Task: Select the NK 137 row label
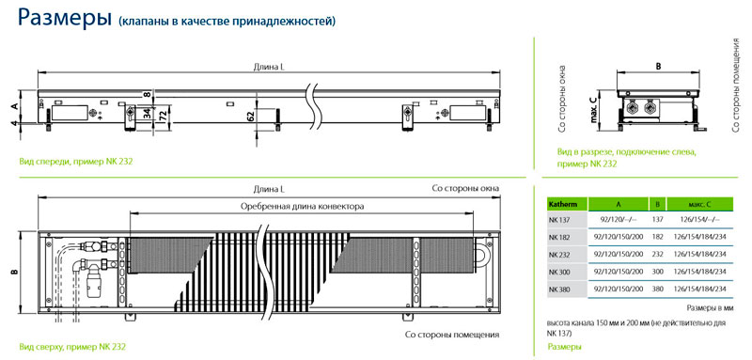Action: [557, 221]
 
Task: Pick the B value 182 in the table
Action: [657, 237]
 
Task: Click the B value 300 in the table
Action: [657, 272]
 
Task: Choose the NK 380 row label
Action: [558, 290]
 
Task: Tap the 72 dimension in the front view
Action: [162, 117]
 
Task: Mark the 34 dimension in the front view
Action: [148, 114]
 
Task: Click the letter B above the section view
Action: [658, 67]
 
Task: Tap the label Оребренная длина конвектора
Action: [302, 207]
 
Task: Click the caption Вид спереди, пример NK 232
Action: [76, 162]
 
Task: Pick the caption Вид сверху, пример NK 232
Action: [75, 346]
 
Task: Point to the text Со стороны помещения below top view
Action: [452, 335]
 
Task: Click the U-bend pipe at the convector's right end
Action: [481, 253]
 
